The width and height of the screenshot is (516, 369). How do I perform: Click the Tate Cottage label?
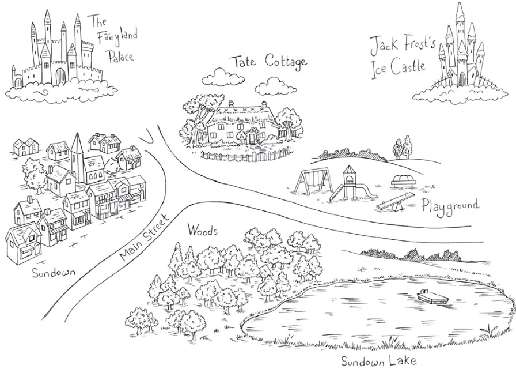[267, 62]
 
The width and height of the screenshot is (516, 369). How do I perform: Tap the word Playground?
[450, 206]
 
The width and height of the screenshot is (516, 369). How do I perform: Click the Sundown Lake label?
[378, 362]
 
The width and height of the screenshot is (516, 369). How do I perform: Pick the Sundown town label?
[54, 271]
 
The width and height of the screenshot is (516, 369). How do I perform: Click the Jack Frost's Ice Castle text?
[398, 54]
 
